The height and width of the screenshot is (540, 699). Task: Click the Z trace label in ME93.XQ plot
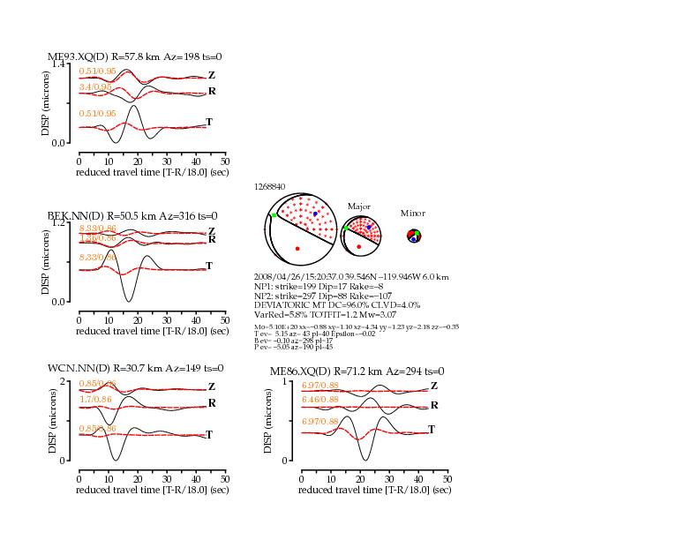pos(211,75)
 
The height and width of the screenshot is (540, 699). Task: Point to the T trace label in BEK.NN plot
pos(209,266)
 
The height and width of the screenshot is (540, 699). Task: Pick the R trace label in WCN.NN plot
pos(212,403)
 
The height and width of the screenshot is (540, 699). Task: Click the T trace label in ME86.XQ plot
pos(432,429)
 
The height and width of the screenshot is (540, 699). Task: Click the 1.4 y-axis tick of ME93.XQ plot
pos(58,64)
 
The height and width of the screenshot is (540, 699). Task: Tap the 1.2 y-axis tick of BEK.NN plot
pos(58,222)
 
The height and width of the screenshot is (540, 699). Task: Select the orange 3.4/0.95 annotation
pos(96,87)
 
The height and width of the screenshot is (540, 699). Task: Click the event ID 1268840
pos(269,187)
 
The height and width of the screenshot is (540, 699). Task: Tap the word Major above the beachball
pos(358,206)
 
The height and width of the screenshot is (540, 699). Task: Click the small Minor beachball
pos(413,235)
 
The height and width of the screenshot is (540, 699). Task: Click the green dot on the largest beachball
pos(274,214)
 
